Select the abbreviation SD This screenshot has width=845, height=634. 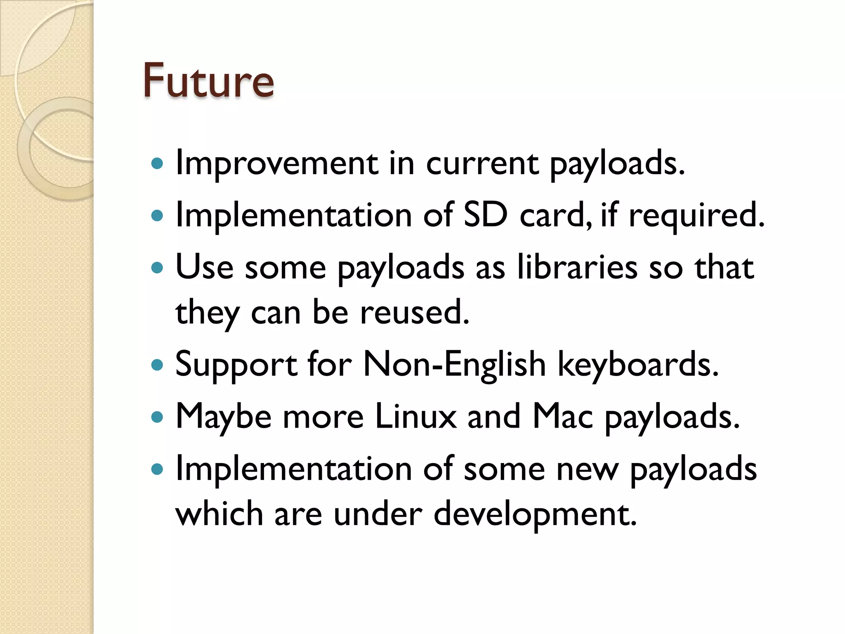[485, 215]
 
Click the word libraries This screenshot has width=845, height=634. [577, 267]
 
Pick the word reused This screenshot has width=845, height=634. [415, 312]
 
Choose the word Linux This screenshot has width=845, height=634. [416, 416]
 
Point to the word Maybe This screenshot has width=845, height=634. [223, 416]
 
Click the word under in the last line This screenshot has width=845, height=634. [378, 514]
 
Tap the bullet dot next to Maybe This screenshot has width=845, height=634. [157, 417]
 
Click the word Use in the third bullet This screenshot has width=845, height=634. [204, 267]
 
